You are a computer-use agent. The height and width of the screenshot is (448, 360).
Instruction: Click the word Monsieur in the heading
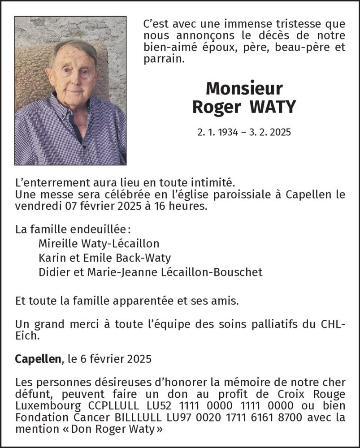[244, 88]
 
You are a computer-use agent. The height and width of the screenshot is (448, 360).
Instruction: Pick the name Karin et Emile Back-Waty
[104, 258]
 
